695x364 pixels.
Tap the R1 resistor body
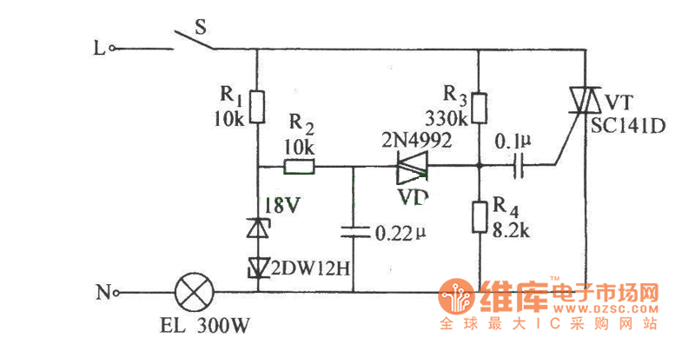[x=258, y=107]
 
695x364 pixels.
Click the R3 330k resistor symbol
[x=479, y=108]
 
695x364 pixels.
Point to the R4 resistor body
[x=479, y=217]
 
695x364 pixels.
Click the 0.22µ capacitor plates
[x=354, y=232]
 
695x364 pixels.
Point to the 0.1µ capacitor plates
[x=519, y=164]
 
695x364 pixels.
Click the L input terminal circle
[x=112, y=50]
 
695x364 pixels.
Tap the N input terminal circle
[x=116, y=293]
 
